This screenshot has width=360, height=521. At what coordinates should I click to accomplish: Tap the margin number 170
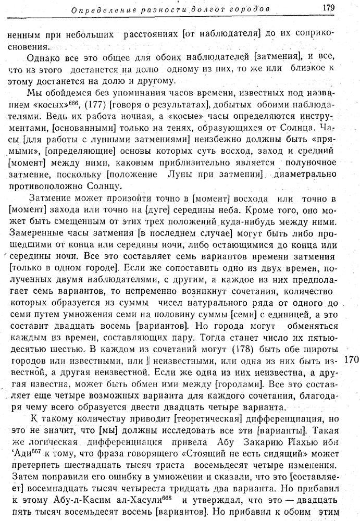tap(352, 360)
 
